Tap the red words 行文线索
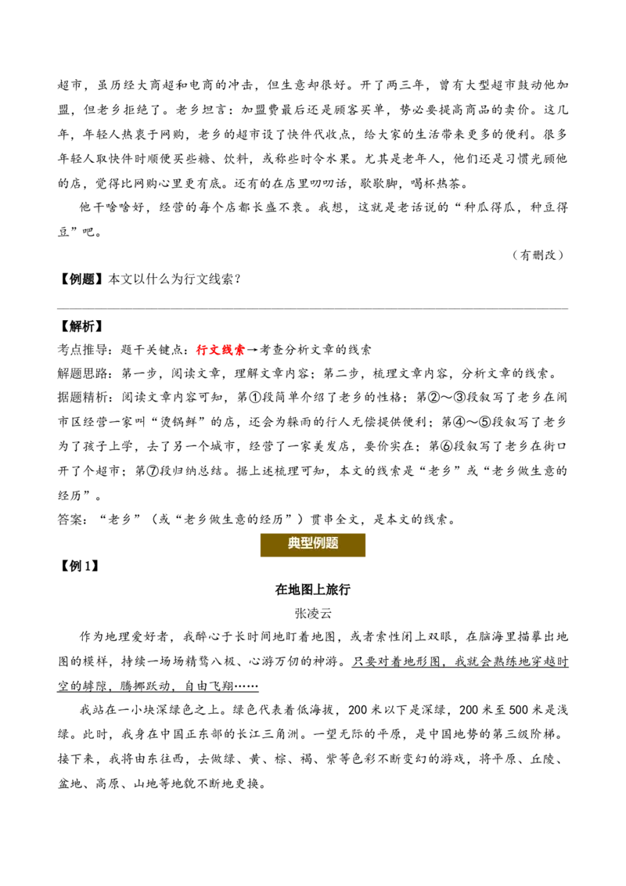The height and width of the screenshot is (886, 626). point(221,350)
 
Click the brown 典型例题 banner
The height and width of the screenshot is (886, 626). point(312,544)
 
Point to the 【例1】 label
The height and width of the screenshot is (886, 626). point(79,566)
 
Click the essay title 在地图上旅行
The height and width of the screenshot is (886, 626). point(312,589)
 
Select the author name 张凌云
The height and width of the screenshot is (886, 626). point(312,613)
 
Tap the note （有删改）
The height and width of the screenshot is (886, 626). point(538,255)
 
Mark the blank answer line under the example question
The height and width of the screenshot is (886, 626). point(313,308)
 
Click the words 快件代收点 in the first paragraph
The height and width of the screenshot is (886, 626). point(319,135)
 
